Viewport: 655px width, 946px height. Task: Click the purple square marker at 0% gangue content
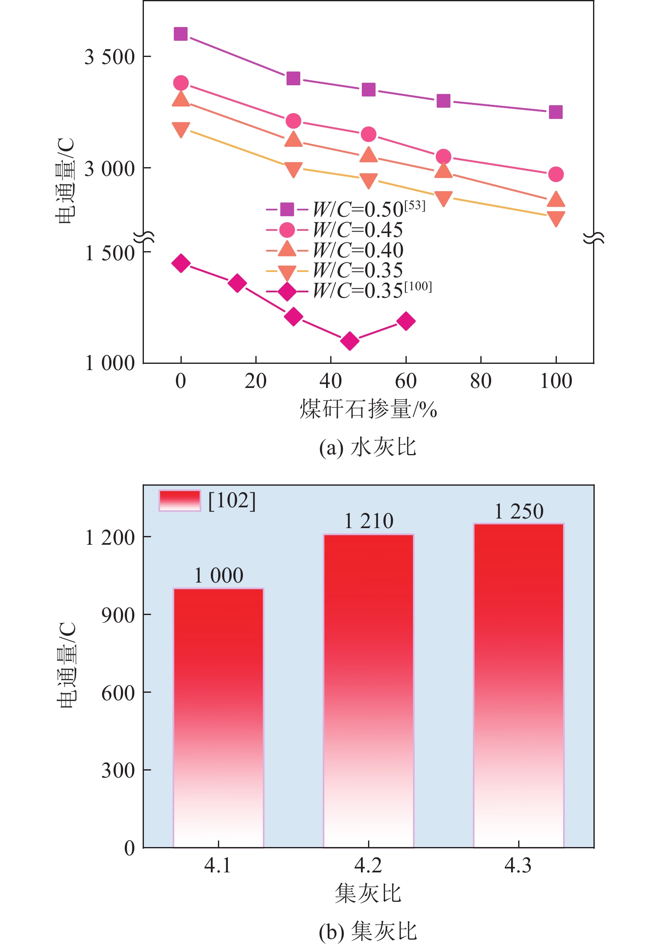tap(180, 34)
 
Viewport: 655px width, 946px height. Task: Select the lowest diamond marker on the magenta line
tap(350, 341)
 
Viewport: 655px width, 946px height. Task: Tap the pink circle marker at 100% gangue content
tap(556, 174)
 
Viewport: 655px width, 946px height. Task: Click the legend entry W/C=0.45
tap(335, 230)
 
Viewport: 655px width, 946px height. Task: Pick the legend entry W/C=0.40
tap(335, 250)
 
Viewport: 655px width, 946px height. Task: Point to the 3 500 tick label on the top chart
tap(109, 57)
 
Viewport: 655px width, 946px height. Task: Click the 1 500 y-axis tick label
tap(109, 253)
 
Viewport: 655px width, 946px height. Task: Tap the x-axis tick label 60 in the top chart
tap(405, 381)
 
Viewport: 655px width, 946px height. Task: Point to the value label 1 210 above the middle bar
tap(369, 521)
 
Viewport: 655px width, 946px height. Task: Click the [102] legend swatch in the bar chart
tap(180, 500)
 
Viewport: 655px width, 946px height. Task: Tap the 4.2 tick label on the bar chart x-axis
tap(368, 866)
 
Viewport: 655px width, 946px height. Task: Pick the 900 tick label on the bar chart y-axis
tap(118, 615)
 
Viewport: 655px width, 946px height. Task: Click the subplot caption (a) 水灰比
tap(368, 447)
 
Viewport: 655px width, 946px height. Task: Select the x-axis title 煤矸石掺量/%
tap(368, 409)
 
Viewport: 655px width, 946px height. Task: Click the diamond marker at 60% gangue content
tap(406, 321)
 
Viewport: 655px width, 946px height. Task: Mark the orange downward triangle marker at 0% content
tap(181, 129)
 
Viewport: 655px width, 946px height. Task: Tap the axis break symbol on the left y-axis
tap(144, 237)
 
